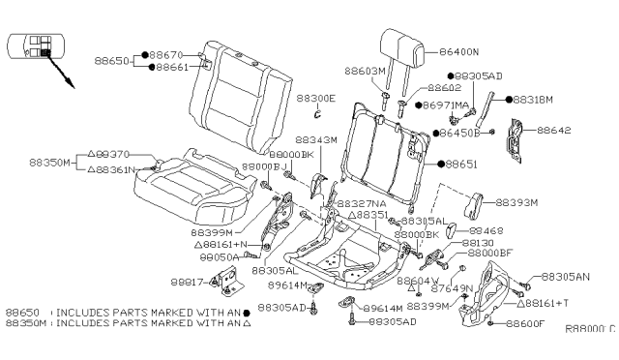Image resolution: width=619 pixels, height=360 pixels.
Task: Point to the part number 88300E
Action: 315,98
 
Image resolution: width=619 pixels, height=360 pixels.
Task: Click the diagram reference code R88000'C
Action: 590,329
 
